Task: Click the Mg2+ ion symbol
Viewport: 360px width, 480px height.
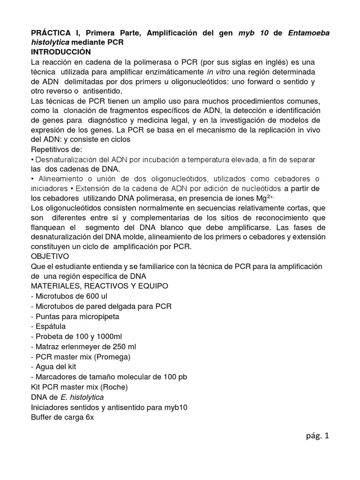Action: [261, 198]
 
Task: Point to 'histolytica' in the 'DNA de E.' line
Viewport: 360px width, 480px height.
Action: [90, 397]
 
